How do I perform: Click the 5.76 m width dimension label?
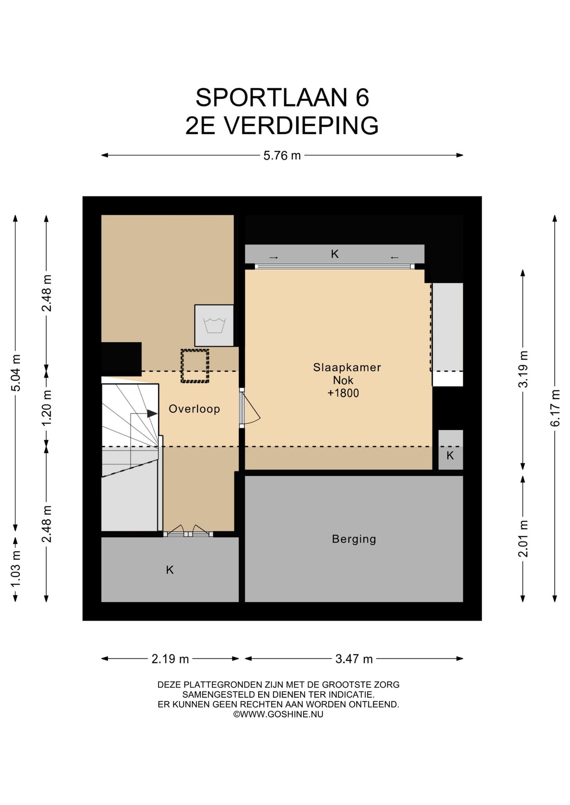pyautogui.click(x=282, y=156)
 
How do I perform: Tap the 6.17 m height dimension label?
pyautogui.click(x=555, y=408)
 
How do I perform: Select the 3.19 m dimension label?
pyautogui.click(x=523, y=369)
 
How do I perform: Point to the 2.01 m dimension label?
pyautogui.click(x=523, y=538)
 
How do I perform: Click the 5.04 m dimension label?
pyautogui.click(x=16, y=373)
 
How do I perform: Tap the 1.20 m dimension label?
pyautogui.click(x=47, y=408)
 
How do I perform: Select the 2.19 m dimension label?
pyautogui.click(x=170, y=659)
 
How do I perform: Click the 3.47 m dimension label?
pyautogui.click(x=354, y=659)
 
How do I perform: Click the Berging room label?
pyautogui.click(x=354, y=539)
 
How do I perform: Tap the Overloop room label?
pyautogui.click(x=194, y=409)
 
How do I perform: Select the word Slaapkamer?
pyautogui.click(x=347, y=367)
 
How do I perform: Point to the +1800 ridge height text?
pyautogui.click(x=343, y=393)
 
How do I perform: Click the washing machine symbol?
pyautogui.click(x=214, y=325)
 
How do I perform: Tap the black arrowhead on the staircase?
pyautogui.click(x=152, y=414)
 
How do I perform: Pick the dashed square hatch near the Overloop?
pyautogui.click(x=195, y=366)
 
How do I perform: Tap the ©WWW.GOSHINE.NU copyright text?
pyautogui.click(x=278, y=714)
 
